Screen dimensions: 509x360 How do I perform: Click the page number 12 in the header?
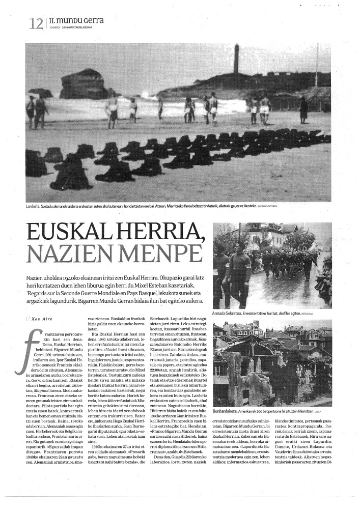pyautogui.click(x=36, y=23)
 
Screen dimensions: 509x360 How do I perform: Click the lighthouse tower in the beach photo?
pyautogui.click(x=236, y=58)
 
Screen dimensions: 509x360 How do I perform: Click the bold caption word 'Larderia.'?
pyautogui.click(x=34, y=206)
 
